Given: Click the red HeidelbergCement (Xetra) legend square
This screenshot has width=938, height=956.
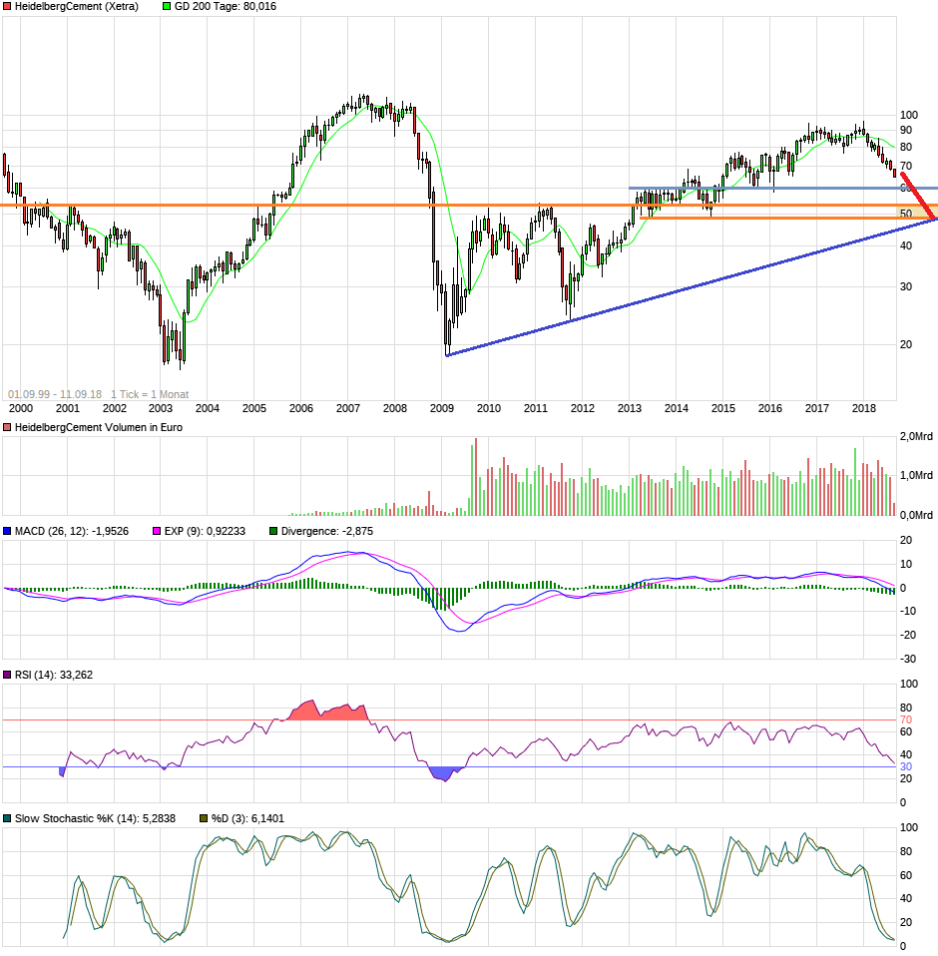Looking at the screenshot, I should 7,6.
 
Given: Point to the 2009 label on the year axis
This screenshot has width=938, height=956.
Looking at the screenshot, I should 441,408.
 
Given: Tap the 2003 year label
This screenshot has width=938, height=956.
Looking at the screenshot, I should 161,408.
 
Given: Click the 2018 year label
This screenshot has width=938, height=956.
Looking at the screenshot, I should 863,408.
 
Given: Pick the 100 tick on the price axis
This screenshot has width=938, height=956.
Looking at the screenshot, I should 908,115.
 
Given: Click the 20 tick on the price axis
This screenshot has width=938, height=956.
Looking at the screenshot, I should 906,344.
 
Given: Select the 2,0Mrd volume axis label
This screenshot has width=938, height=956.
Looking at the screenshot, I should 917,437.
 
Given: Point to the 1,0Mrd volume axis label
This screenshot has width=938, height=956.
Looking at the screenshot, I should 917,476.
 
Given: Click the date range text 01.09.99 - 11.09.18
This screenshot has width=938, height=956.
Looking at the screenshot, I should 54,394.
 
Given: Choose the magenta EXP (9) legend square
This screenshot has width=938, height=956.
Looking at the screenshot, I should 156,532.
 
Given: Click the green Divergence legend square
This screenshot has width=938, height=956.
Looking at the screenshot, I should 274,532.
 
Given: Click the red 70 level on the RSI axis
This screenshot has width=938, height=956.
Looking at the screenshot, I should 906,719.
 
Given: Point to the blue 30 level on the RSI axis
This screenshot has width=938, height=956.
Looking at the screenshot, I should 906,766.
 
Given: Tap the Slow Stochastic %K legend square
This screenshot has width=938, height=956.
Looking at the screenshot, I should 7,818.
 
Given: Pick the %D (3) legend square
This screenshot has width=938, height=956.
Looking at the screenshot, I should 204,818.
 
